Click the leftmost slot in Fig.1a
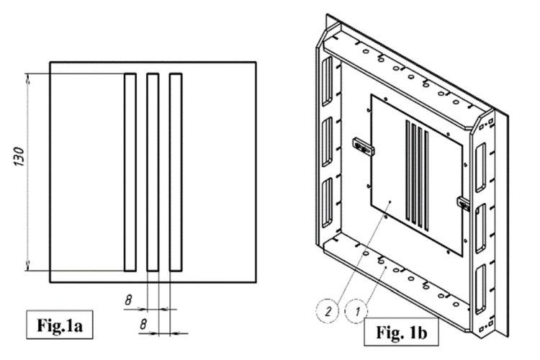point(130,172)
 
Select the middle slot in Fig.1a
point(152,172)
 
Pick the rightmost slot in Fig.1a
point(175,172)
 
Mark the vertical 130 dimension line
point(29,172)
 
